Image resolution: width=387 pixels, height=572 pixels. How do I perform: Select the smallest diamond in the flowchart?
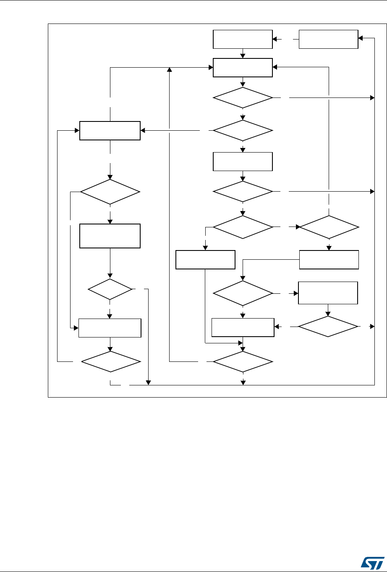click(x=110, y=289)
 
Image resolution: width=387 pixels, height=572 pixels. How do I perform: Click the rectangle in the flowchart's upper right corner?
click(x=328, y=39)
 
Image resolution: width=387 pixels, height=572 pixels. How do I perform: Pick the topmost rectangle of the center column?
click(x=243, y=39)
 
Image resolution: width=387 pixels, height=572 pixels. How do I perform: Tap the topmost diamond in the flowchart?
click(x=243, y=98)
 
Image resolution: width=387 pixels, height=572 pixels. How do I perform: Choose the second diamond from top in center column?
click(x=243, y=131)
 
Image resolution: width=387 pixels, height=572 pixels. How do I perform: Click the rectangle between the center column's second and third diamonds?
click(x=243, y=161)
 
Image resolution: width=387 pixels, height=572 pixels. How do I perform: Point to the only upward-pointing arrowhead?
click(x=170, y=69)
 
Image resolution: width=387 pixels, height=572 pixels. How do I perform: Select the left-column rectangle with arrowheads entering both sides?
click(x=110, y=131)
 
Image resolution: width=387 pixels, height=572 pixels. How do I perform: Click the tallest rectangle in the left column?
click(x=110, y=236)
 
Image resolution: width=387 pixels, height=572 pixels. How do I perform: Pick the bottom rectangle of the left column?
click(x=110, y=328)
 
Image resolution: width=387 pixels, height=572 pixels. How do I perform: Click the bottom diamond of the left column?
click(x=110, y=361)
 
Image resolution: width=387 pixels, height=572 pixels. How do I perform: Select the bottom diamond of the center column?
click(x=243, y=361)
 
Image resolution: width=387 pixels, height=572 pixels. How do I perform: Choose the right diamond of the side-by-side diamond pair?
click(x=329, y=227)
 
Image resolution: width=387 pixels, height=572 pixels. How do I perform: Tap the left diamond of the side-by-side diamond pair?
click(x=243, y=227)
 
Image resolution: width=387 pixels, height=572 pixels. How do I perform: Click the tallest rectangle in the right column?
click(x=328, y=293)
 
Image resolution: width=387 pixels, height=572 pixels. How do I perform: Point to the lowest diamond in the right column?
click(x=328, y=326)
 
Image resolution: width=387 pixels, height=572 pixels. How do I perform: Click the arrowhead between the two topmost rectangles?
click(x=275, y=39)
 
